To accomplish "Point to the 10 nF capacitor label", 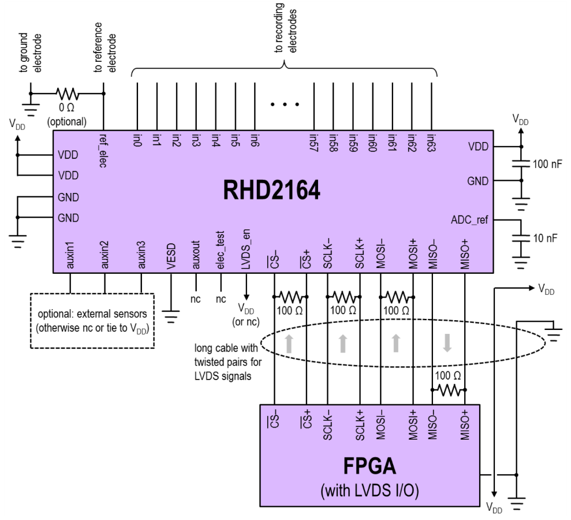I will click(x=546, y=238).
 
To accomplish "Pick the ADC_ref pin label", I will click(x=469, y=220).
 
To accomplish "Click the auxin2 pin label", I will click(x=105, y=257).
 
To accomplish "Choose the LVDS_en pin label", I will click(x=247, y=252).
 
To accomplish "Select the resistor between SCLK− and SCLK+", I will click(x=344, y=297).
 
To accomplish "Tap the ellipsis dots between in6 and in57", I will click(x=284, y=105).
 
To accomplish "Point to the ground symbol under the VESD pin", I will click(x=171, y=315).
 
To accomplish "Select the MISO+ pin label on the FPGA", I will click(x=464, y=425).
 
